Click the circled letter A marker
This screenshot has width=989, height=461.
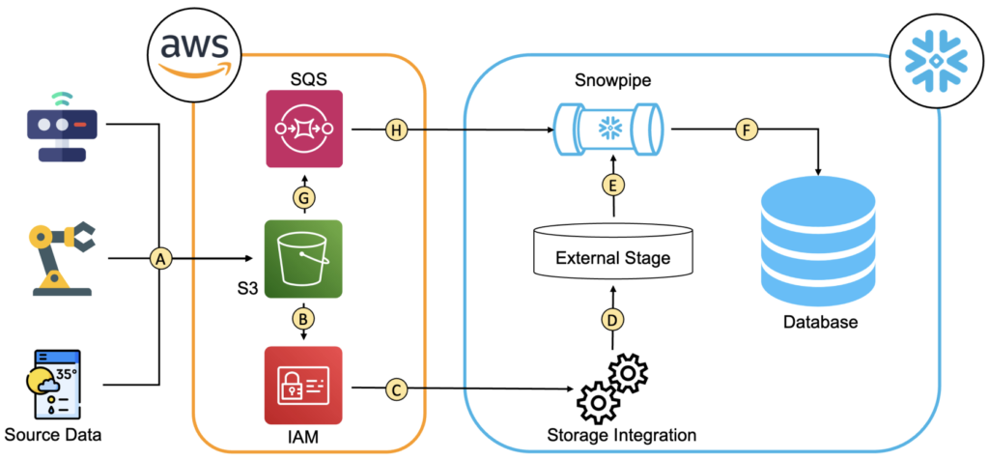161,258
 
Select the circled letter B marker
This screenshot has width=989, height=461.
303,316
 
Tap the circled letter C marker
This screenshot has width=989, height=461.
395,389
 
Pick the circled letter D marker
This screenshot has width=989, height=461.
611,318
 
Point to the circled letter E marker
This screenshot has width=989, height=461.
611,186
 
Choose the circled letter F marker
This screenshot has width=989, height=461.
745,129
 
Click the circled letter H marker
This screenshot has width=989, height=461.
396,129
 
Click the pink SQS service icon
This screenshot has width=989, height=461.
303,130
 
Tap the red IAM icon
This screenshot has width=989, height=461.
303,386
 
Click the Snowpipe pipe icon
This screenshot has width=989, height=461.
610,128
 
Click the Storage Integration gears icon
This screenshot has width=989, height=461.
611,386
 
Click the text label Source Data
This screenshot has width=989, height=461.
53,434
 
